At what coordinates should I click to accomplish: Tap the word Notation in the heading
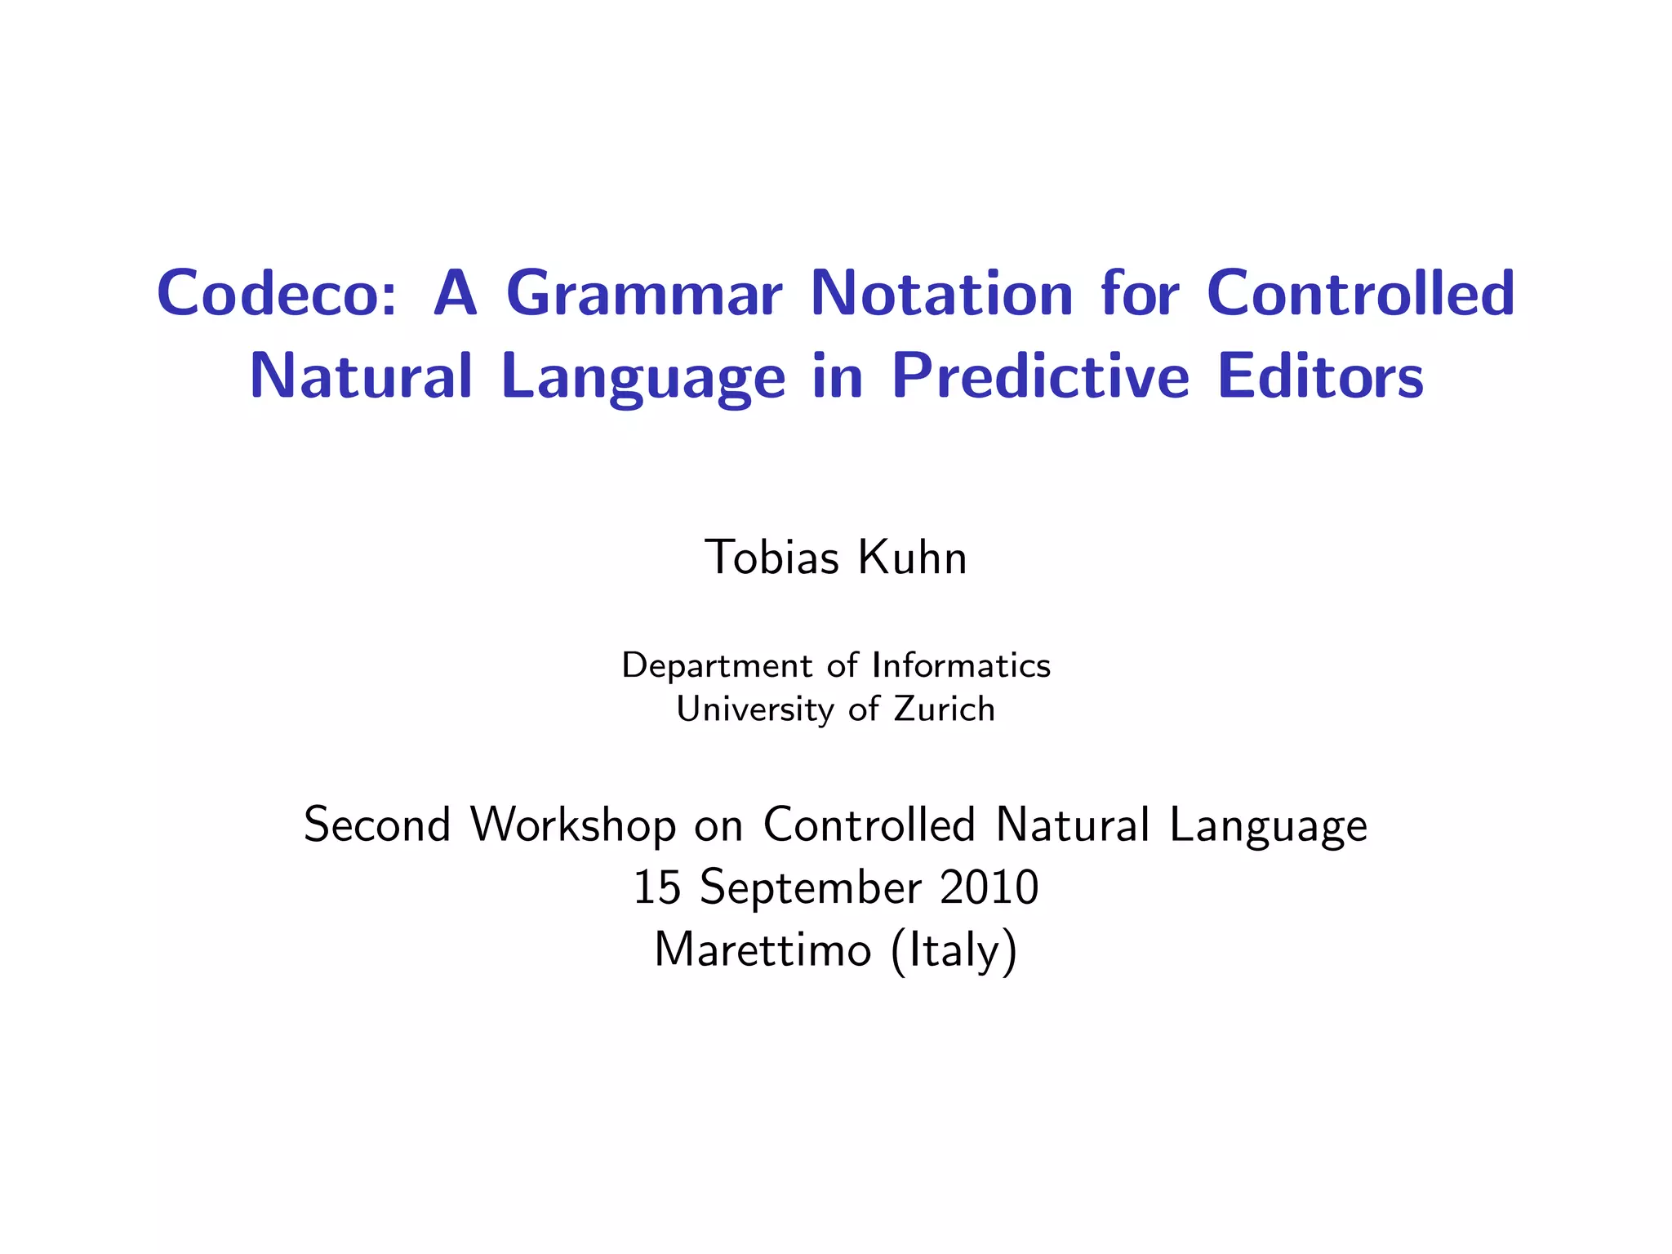tap(941, 293)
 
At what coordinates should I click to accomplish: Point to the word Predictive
tap(1040, 377)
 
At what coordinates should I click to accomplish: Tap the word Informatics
tap(961, 665)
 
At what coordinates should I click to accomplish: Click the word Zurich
tap(945, 709)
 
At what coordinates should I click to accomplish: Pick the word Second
tap(376, 825)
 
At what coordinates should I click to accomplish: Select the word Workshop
tap(574, 825)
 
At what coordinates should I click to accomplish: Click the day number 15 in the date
tap(657, 887)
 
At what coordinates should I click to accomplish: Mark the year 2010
tap(989, 887)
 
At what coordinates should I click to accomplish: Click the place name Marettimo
tap(763, 950)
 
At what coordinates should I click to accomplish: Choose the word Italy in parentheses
tap(954, 952)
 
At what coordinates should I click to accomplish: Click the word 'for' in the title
tap(1140, 293)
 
